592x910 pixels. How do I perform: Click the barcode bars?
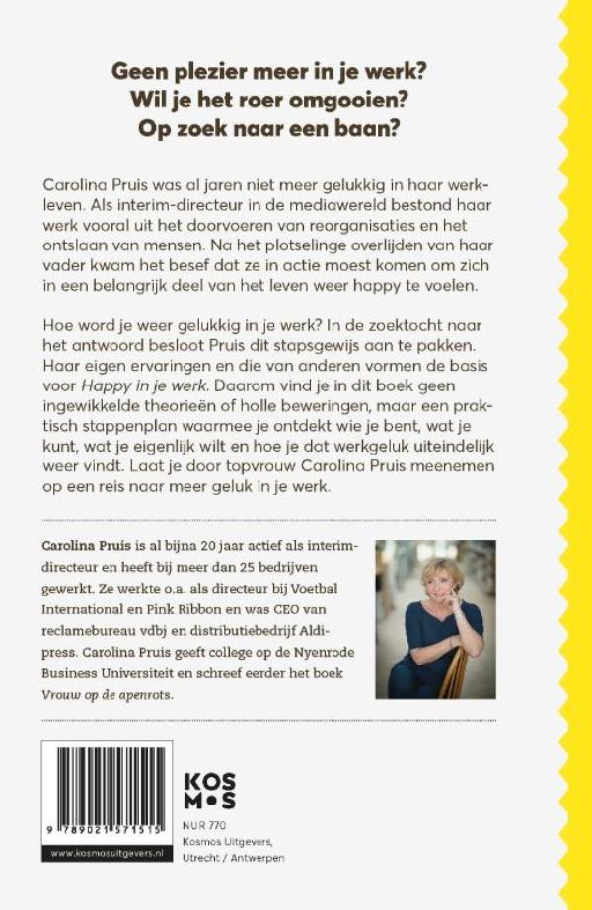tap(108, 784)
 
